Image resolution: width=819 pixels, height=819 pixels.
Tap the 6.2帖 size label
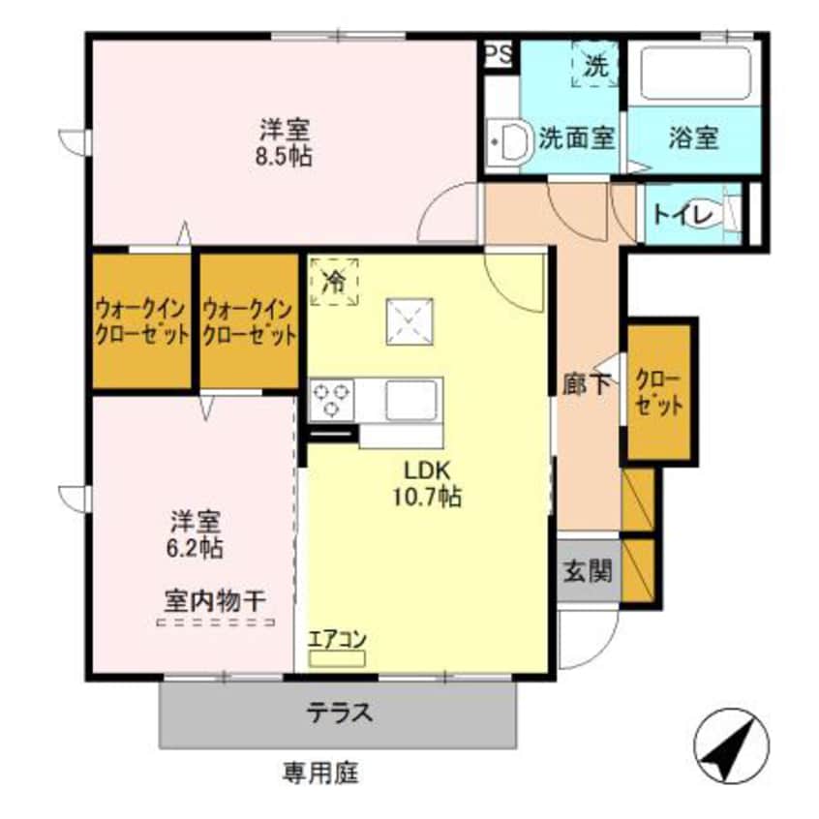[x=197, y=548]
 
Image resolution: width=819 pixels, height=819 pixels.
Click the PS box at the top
[x=500, y=52]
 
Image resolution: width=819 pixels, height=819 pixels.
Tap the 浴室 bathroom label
[x=693, y=137]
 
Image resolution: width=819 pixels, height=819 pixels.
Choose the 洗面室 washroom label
[x=577, y=137]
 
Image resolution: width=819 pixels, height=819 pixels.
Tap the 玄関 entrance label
[x=588, y=571]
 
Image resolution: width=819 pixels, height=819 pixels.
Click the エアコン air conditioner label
[x=336, y=640]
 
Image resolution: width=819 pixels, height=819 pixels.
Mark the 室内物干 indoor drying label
[x=213, y=600]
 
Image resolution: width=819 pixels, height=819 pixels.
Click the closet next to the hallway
[x=658, y=391]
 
